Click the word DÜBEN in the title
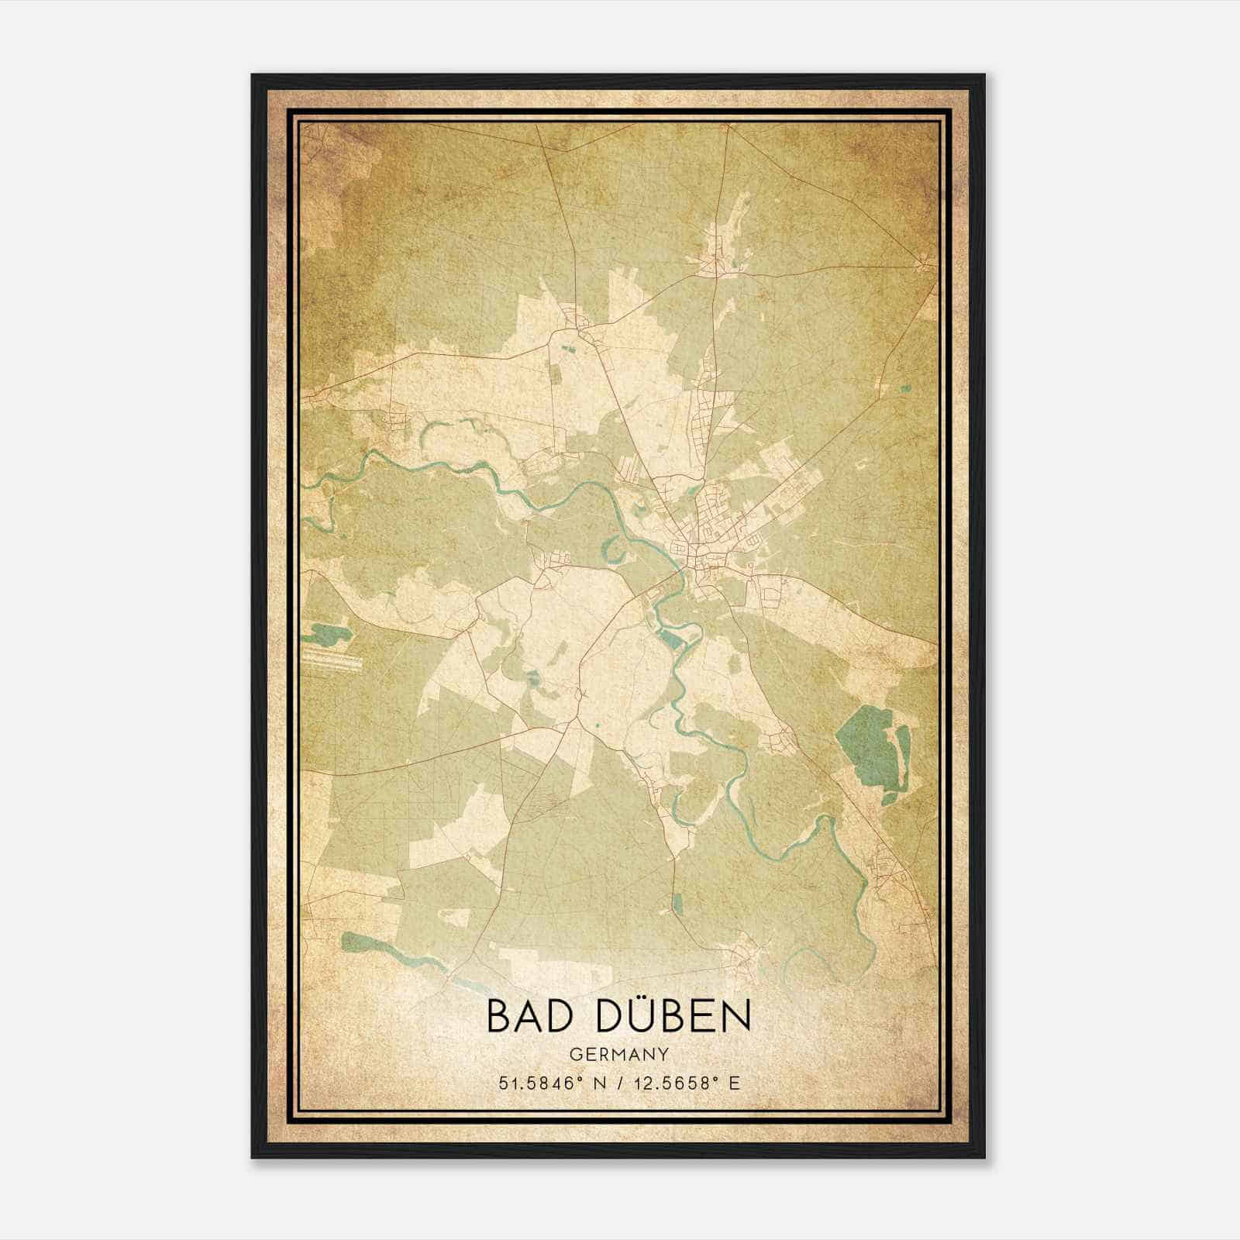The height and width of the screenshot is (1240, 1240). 673,1017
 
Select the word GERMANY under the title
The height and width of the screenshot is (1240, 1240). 619,1054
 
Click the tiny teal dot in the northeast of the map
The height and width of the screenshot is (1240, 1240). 904,388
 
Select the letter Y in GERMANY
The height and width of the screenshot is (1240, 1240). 663,1054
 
